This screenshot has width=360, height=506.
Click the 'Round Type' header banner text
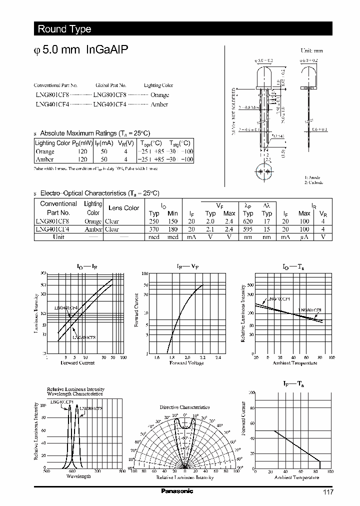tap(64, 29)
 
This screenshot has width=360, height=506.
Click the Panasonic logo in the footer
tap(176, 491)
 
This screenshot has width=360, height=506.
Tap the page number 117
tap(327, 492)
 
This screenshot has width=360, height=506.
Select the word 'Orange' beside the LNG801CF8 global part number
tap(159, 94)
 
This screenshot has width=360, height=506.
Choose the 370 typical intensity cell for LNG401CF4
tap(154, 229)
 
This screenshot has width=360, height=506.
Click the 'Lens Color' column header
tap(123, 208)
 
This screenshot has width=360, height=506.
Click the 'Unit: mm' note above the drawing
tap(311, 51)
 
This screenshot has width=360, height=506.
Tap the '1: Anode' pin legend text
tap(312, 177)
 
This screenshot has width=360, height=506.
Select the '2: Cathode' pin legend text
tap(313, 183)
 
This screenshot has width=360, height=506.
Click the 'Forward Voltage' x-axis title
tap(186, 363)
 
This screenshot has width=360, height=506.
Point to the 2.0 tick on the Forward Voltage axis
tap(187, 357)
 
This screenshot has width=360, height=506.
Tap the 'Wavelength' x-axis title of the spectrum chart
tap(78, 476)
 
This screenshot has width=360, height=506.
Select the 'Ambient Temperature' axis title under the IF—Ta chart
tap(296, 477)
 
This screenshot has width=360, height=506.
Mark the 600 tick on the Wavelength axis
tap(72, 471)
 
